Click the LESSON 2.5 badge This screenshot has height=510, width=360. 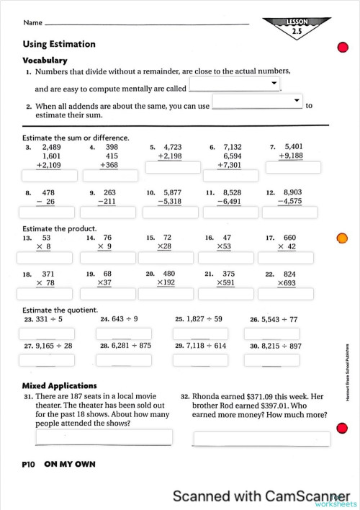pos(297,27)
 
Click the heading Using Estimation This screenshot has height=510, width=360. pos(58,44)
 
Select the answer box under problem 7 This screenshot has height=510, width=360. pos(292,167)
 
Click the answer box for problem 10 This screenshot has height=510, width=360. pos(171,212)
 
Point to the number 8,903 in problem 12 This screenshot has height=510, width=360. pos(297,192)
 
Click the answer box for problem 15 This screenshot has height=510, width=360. pos(171,258)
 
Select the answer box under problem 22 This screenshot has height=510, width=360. pos(292,294)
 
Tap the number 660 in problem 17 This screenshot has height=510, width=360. pos(289,238)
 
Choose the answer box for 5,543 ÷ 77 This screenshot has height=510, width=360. pos(271,334)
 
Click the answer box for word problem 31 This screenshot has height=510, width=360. pos(104,437)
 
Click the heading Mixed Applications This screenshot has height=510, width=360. pos(59,386)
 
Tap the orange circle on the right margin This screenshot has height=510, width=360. pos(343,238)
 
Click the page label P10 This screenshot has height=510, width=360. pos(29,465)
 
